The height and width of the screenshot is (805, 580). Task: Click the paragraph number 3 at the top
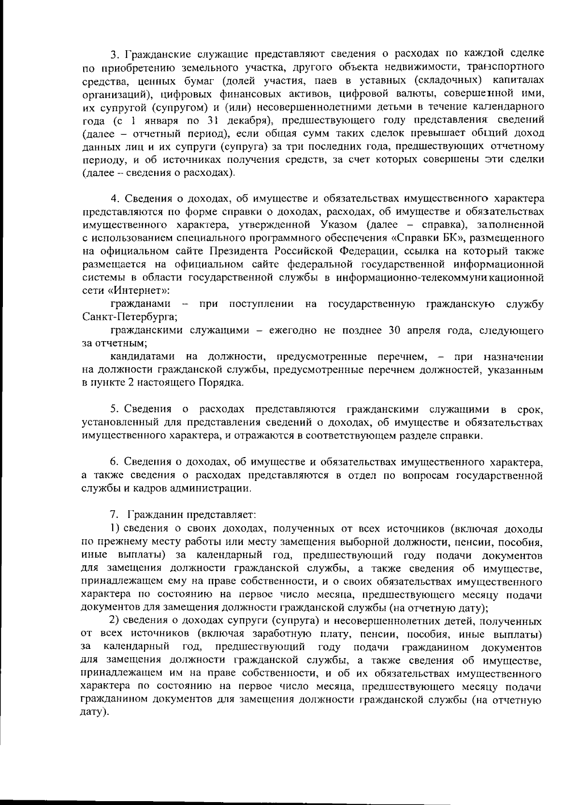click(114, 53)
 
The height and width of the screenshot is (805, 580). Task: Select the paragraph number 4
click(114, 199)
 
